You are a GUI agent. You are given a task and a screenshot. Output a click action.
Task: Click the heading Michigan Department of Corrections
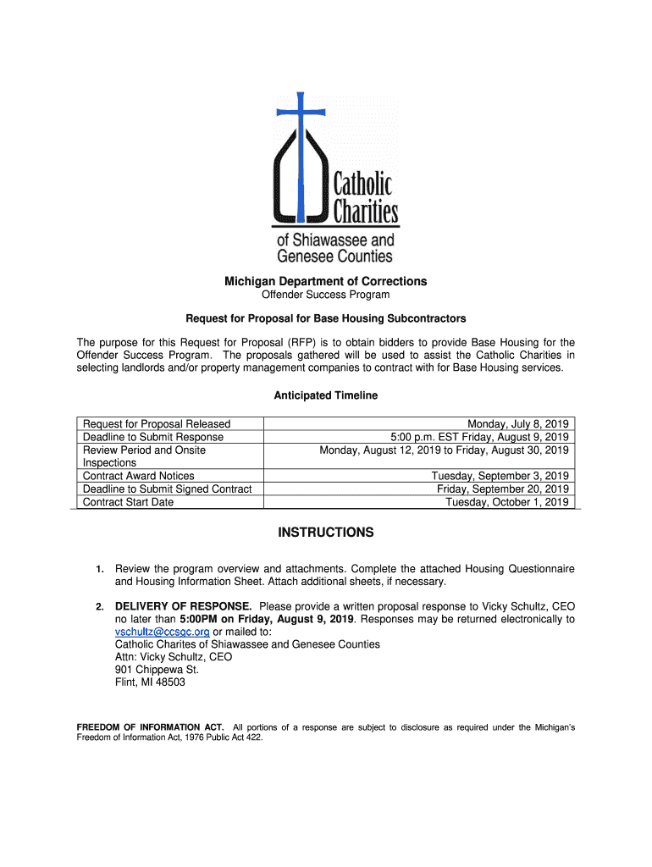click(x=325, y=281)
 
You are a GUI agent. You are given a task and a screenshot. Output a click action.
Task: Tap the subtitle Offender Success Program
click(x=325, y=295)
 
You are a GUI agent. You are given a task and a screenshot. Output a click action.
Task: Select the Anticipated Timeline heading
click(x=325, y=395)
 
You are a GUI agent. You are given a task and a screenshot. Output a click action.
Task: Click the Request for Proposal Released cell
click(x=156, y=424)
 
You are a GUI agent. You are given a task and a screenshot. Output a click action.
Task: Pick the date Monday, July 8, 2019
click(x=517, y=424)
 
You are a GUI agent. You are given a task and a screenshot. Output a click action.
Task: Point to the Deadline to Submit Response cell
click(x=152, y=437)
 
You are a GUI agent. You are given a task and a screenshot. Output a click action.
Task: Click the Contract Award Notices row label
click(x=138, y=476)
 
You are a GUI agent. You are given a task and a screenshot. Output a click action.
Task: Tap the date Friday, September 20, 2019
click(x=502, y=489)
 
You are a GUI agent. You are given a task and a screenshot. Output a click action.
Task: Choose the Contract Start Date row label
click(x=128, y=502)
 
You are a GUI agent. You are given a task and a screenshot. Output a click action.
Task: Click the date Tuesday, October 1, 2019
click(x=506, y=502)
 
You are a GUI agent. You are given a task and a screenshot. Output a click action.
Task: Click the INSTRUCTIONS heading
click(x=325, y=533)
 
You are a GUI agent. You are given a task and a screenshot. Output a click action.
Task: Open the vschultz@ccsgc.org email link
click(x=162, y=632)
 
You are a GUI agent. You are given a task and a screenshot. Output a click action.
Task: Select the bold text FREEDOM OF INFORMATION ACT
click(x=150, y=727)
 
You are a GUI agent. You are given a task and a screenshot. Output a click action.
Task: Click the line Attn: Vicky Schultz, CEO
click(x=173, y=657)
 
